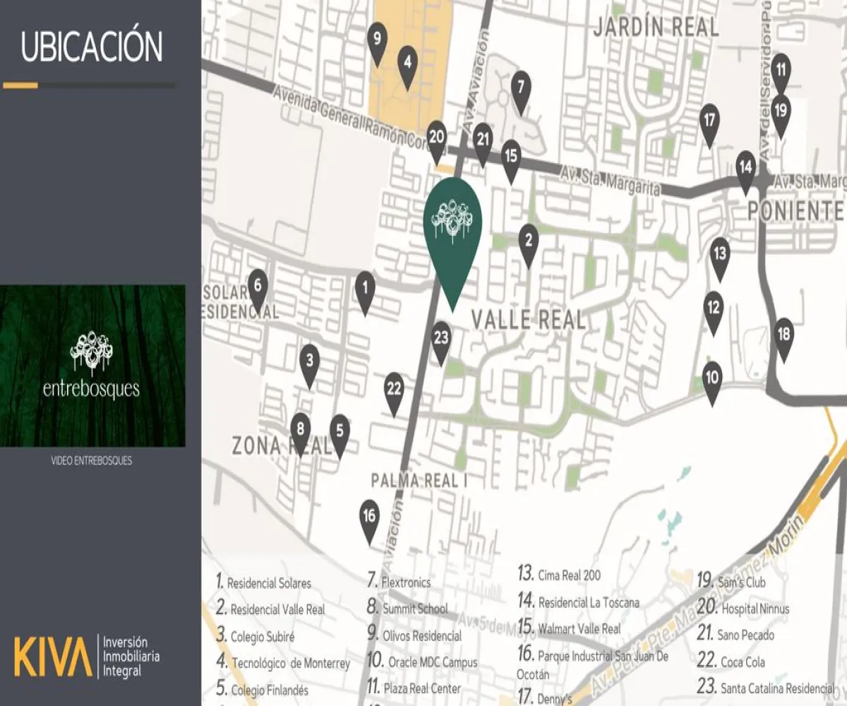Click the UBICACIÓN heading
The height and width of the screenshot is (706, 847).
[x=92, y=47]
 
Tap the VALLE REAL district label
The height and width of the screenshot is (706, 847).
[x=528, y=320]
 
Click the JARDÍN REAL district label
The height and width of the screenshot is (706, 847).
[x=656, y=28]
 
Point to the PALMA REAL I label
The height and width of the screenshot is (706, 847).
[x=420, y=481]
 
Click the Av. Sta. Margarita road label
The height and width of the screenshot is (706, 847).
[x=611, y=181]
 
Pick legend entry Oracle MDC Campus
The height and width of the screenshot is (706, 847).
[x=433, y=662]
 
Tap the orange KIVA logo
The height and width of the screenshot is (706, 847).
[x=53, y=656]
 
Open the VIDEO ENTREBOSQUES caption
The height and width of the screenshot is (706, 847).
[x=92, y=461]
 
